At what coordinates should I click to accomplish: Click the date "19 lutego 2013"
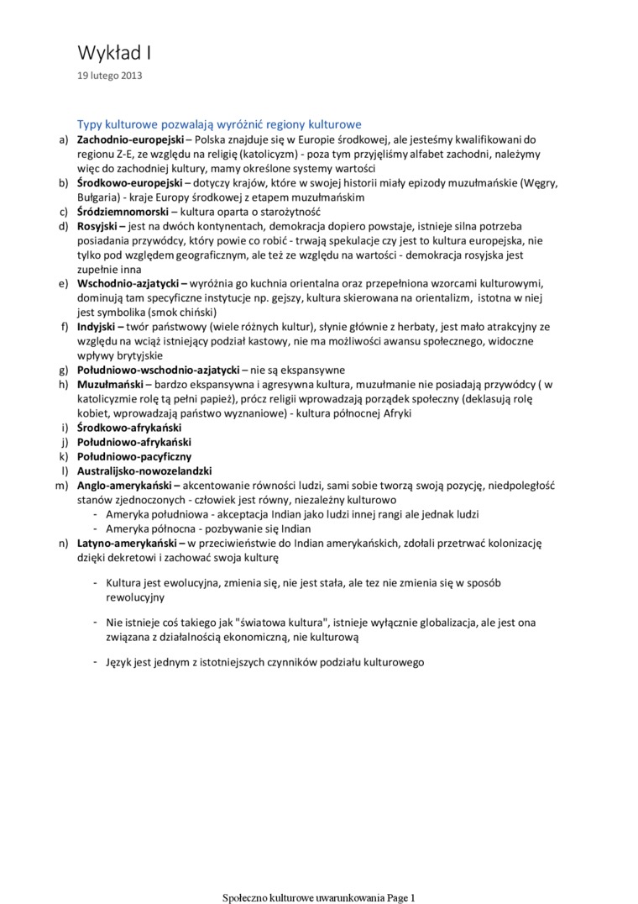110,76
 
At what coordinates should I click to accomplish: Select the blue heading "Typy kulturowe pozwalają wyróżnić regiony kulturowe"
219,124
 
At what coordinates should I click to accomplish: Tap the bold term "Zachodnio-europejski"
129,139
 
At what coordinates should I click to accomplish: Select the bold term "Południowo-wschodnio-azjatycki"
159,370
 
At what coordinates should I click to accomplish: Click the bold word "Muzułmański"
110,384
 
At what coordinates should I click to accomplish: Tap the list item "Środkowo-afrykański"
129,428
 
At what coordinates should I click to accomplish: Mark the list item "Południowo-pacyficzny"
134,456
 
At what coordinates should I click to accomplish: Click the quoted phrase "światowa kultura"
275,623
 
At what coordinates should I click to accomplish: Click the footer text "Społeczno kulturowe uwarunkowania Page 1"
318,897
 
